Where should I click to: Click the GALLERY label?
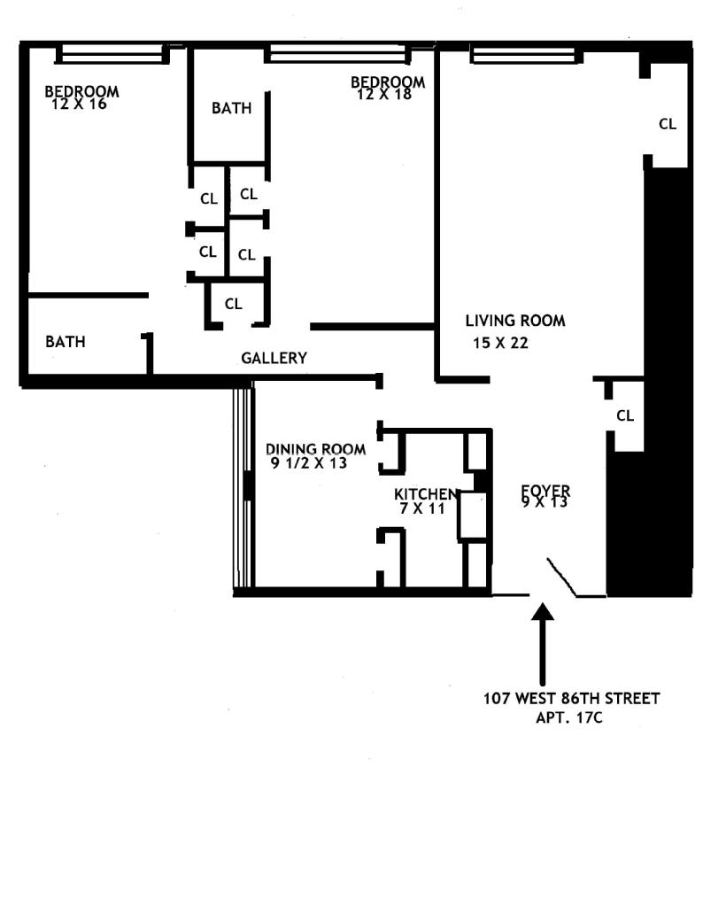click(274, 358)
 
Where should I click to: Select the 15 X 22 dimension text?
click(500, 344)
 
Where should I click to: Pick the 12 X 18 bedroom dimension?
click(384, 94)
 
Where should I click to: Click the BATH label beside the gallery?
click(66, 341)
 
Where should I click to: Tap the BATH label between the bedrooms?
click(231, 108)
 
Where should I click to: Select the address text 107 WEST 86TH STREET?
click(571, 698)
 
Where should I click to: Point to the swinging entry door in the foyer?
click(563, 577)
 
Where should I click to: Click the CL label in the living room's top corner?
click(667, 124)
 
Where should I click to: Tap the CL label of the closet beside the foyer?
click(625, 415)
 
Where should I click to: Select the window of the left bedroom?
click(112, 55)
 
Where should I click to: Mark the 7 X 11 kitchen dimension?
click(426, 508)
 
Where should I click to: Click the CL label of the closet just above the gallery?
click(233, 304)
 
